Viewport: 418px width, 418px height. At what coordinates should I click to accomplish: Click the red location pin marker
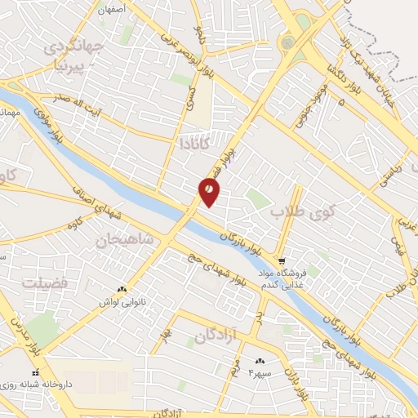[210, 193]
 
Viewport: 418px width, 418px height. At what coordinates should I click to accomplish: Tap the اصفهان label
[113, 10]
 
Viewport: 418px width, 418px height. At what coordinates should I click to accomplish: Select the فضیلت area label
[47, 282]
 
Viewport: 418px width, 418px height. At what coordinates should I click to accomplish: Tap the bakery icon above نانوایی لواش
[122, 290]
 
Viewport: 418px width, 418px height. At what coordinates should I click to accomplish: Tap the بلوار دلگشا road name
[335, 73]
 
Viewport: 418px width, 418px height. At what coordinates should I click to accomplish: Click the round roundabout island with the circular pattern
[287, 42]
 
